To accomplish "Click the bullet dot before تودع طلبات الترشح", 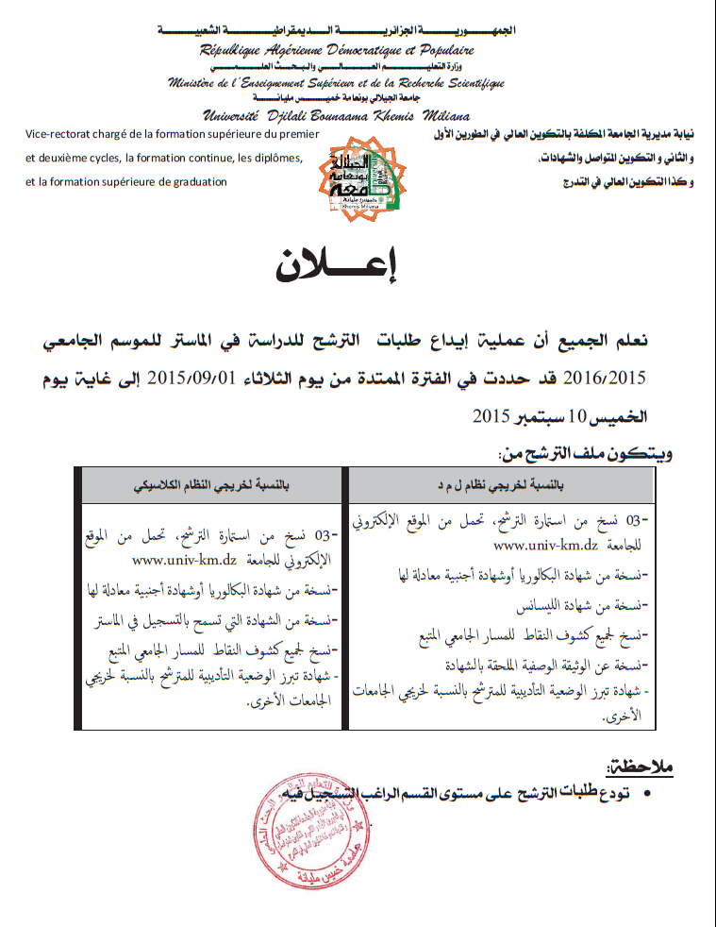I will [648, 796].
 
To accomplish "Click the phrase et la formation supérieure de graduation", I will [127, 181].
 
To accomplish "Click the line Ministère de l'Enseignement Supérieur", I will [337, 82].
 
